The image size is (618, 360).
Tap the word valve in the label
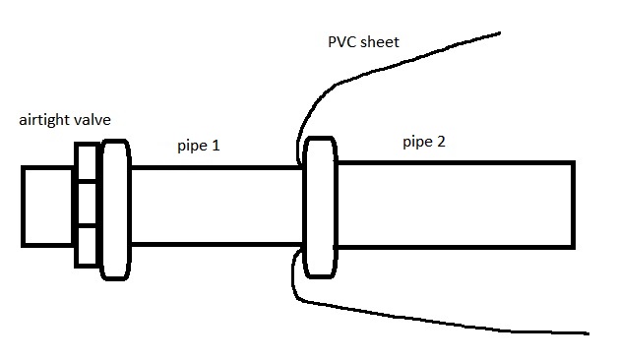click(95, 119)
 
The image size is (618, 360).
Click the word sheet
click(380, 41)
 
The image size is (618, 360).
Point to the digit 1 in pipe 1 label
click(216, 146)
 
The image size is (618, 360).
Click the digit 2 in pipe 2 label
click(441, 142)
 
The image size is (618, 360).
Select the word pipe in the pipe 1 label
click(193, 147)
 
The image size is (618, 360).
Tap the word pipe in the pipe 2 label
click(418, 143)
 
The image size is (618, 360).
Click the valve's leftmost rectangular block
click(47, 207)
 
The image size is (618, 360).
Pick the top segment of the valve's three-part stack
click(86, 162)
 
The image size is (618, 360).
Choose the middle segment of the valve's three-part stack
click(86, 205)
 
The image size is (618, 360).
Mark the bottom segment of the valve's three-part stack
click(86, 247)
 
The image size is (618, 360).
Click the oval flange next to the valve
click(115, 210)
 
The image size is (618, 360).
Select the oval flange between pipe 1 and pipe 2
click(321, 208)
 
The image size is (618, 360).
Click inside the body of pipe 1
click(216, 206)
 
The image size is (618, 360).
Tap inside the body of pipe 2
click(456, 205)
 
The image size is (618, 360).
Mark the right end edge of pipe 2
click(573, 205)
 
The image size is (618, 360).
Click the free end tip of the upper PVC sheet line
click(500, 33)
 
